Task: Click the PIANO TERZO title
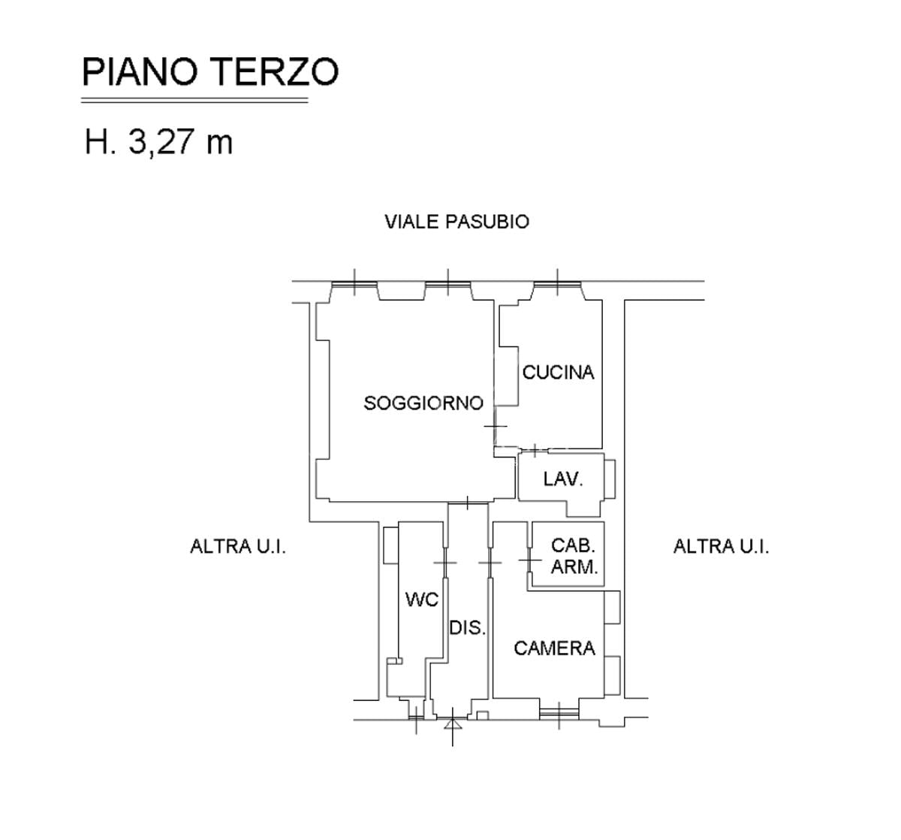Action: pos(210,71)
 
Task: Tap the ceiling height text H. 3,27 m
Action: pos(158,142)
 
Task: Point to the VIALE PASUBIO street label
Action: pos(457,222)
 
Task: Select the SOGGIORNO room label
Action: pos(423,403)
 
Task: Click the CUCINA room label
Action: pos(558,373)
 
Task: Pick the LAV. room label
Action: pos(563,479)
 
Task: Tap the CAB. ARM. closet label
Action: pos(574,556)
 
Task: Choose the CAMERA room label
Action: pos(554,648)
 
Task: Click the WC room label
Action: pos(422,600)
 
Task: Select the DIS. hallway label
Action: pos(467,628)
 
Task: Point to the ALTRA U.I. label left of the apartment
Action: pos(238,546)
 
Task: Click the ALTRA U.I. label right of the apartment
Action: pos(722,546)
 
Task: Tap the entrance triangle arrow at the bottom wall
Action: pos(453,725)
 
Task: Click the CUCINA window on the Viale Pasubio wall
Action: pos(557,285)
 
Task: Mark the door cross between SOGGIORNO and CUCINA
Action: pos(495,426)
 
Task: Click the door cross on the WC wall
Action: pos(445,563)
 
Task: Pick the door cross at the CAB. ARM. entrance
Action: pos(530,560)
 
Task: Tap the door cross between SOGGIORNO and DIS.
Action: pos(468,503)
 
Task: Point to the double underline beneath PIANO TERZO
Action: pos(194,101)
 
